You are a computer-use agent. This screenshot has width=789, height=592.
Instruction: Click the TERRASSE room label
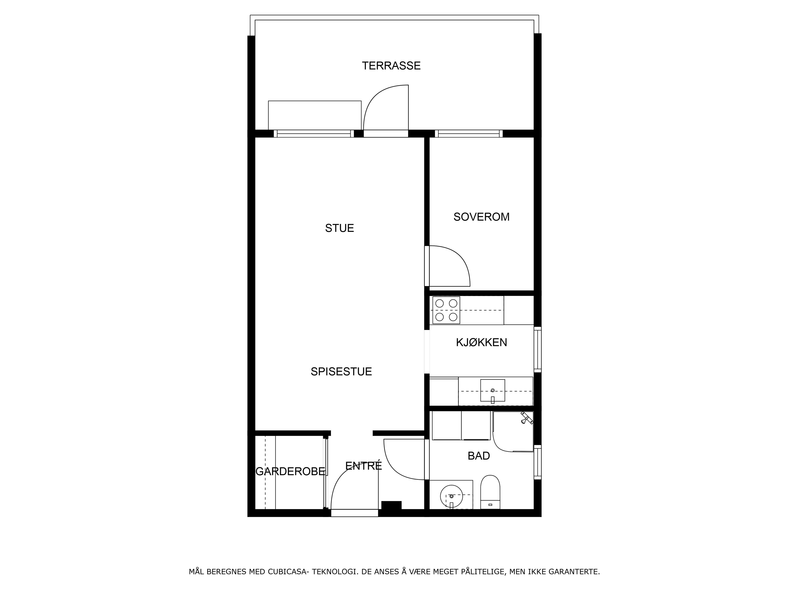[x=391, y=66]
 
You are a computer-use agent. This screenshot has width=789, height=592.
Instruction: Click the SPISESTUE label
[x=341, y=371]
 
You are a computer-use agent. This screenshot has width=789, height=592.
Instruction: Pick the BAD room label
[x=479, y=456]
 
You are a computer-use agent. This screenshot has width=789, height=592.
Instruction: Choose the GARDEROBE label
[x=290, y=471]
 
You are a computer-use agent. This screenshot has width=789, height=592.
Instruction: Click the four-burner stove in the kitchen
[x=446, y=310]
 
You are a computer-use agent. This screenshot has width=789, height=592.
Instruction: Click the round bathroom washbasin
[x=452, y=496]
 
